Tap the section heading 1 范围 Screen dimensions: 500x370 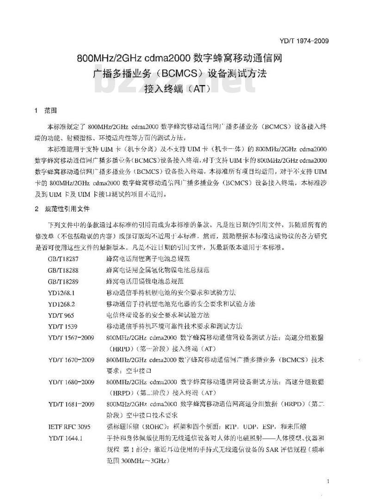pyautogui.click(x=45, y=110)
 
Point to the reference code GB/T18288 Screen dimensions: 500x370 pyautogui.click(x=62, y=270)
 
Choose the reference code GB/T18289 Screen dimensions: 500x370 pyautogui.click(x=62, y=281)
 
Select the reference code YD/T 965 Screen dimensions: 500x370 pyautogui.click(x=61, y=315)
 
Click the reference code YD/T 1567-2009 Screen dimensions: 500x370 pyautogui.click(x=71, y=337)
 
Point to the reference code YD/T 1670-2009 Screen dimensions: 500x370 pyautogui.click(x=71, y=359)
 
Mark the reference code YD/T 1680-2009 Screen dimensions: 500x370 pyautogui.click(x=71, y=382)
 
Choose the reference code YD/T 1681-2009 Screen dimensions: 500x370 pyautogui.click(x=71, y=404)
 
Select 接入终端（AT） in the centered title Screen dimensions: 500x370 pyautogui.click(x=184, y=86)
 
